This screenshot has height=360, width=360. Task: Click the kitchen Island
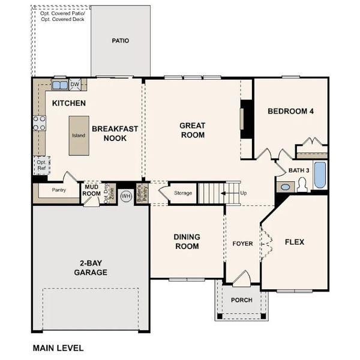[79, 136]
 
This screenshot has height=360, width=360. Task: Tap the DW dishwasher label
[75, 84]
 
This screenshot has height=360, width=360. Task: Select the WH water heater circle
[126, 196]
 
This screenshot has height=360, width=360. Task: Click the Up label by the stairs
[243, 193]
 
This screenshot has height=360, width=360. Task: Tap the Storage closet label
[183, 193]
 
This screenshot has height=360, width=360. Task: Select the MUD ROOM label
[91, 190]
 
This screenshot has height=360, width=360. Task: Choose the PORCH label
[242, 300]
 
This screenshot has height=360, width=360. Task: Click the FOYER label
[242, 244]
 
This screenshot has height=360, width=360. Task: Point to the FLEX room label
[294, 242]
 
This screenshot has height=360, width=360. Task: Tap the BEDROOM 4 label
[290, 111]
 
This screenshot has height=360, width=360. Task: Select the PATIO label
[120, 41]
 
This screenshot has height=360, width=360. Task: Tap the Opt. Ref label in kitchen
[41, 165]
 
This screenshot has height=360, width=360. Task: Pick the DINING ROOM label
[187, 241]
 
